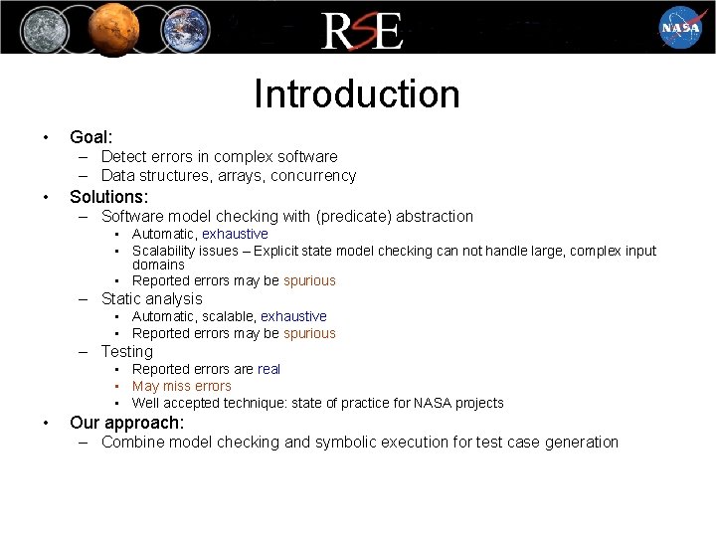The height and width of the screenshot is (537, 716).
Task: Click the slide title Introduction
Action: [x=357, y=94]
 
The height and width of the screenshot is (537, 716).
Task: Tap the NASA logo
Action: [x=680, y=27]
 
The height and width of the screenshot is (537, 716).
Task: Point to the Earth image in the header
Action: [x=184, y=27]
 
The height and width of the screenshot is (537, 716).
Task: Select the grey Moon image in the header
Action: [x=40, y=27]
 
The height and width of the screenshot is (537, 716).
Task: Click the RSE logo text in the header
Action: [x=362, y=30]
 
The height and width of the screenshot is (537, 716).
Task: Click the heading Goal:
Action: [x=90, y=136]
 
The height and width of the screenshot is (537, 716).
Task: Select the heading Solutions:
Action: [x=108, y=196]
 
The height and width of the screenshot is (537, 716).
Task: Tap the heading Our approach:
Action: [x=126, y=422]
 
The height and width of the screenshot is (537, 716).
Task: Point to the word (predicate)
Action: [x=353, y=217]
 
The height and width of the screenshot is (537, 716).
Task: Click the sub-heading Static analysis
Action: [x=151, y=298]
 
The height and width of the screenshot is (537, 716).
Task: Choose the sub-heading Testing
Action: [x=127, y=351]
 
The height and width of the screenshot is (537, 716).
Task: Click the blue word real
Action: [x=268, y=369]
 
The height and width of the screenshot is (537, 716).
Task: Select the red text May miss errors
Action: [x=181, y=386]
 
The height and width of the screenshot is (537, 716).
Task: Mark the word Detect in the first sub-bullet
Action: [x=123, y=157]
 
